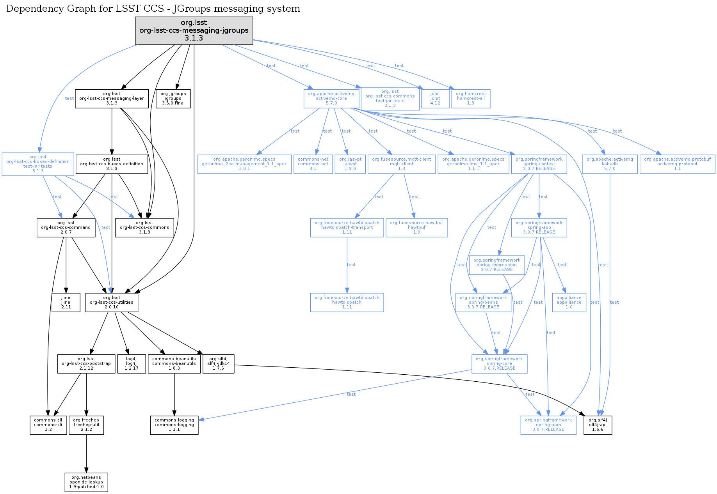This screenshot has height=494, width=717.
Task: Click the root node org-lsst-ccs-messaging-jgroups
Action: (194, 30)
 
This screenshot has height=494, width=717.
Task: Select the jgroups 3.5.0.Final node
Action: (173, 99)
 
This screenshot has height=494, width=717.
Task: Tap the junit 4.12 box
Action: (435, 99)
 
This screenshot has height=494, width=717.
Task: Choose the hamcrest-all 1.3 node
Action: (471, 99)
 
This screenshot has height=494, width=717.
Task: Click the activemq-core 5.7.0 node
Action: (331, 99)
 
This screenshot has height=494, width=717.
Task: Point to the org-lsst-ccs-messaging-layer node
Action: (112, 99)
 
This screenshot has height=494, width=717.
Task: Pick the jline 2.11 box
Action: (66, 302)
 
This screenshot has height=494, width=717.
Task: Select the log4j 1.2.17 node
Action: (132, 363)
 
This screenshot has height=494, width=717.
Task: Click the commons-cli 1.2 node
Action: (48, 425)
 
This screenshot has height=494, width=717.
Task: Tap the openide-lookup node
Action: (86, 482)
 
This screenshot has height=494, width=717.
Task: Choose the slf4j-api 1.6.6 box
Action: (598, 425)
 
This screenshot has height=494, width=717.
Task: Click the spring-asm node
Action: (548, 425)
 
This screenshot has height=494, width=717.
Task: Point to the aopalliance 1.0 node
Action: (569, 302)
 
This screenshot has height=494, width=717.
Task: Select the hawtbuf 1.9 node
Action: (416, 227)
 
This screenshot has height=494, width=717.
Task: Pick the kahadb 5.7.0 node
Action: (610, 164)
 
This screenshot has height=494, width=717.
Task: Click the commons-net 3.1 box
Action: (313, 164)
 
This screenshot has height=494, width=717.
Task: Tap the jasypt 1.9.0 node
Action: (350, 164)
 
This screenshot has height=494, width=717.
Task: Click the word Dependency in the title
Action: (29, 9)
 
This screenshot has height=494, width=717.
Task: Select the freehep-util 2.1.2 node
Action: (86, 425)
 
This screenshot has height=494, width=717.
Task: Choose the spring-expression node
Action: (496, 265)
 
